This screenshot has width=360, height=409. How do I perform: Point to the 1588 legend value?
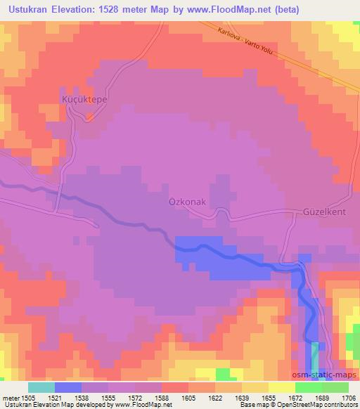click(x=162, y=397)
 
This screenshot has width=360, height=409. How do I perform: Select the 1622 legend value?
click(x=215, y=397)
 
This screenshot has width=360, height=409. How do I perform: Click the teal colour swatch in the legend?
click(x=41, y=387)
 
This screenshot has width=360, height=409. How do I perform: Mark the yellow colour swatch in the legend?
click(x=282, y=387)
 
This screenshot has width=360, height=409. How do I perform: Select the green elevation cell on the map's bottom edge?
click(x=222, y=373)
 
